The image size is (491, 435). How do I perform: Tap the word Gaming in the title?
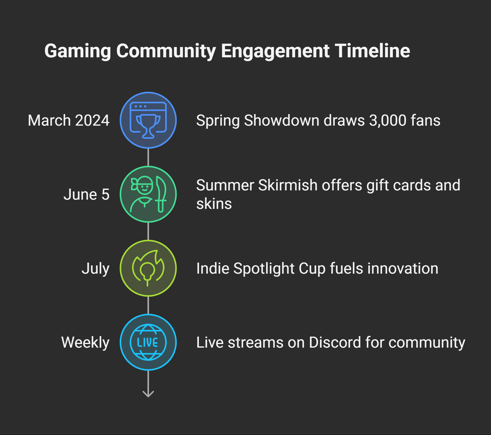78,51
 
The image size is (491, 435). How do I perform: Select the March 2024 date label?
68,120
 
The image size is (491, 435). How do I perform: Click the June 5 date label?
86,194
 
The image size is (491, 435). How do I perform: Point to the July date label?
96,268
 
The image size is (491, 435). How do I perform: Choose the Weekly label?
85,342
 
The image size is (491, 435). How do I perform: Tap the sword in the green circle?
161,194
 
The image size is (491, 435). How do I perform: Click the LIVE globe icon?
148,342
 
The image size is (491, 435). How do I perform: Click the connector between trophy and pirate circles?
148,157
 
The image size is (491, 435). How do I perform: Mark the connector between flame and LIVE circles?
148,305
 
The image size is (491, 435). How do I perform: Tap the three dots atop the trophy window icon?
141,106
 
